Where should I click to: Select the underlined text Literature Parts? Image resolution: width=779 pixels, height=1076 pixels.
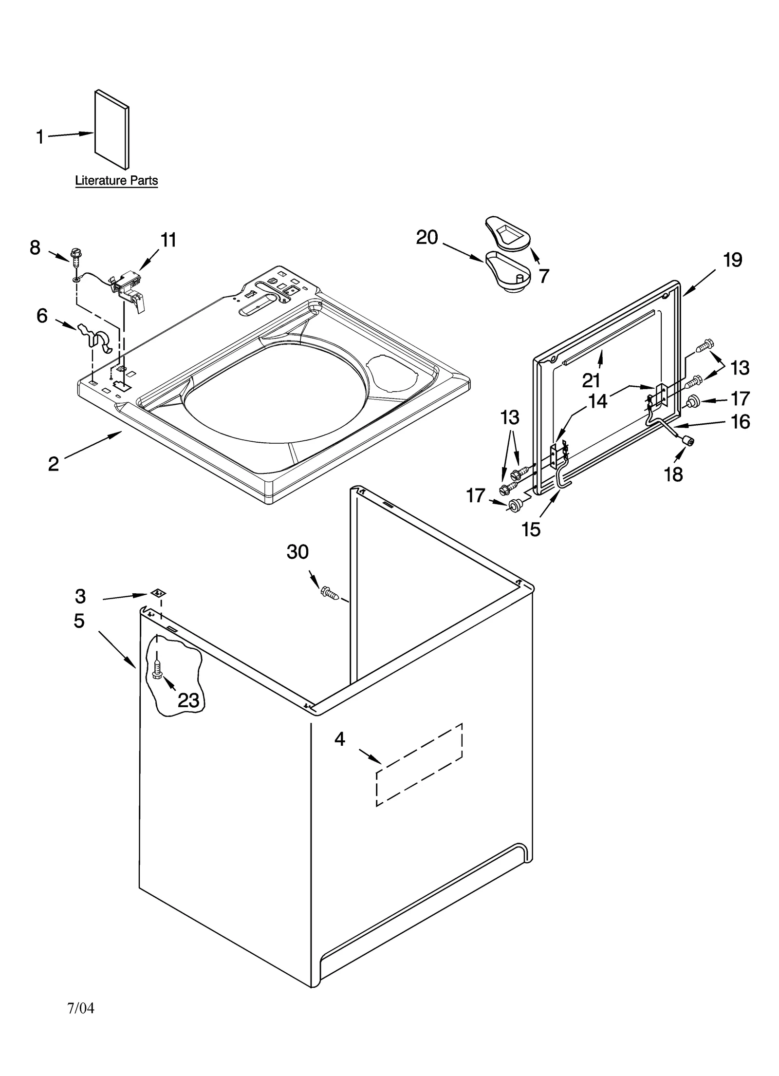116,181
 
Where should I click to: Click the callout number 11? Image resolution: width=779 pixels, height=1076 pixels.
168,240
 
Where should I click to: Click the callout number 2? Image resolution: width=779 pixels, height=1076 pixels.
53,464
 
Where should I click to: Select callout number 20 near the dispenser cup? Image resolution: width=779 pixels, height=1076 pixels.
427,238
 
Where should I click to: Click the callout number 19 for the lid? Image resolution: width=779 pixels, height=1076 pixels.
732,260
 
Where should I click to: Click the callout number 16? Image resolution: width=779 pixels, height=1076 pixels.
740,422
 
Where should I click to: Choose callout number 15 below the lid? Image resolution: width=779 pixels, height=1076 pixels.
531,529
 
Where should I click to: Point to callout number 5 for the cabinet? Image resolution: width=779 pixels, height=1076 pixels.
79,621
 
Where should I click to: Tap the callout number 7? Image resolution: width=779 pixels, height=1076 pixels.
544,276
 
